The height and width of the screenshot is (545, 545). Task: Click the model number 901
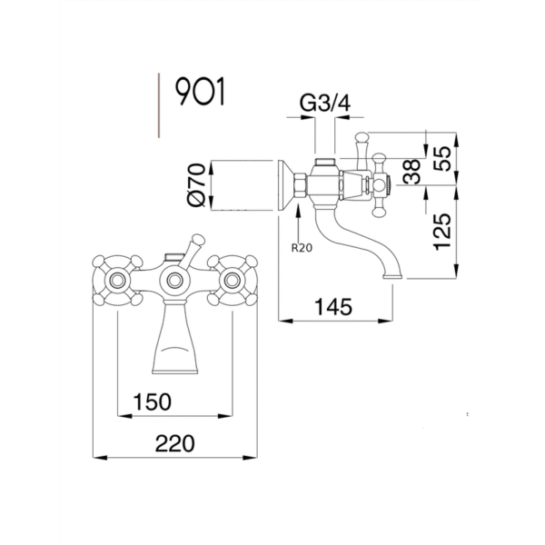click(x=200, y=92)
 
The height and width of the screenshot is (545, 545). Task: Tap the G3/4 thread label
click(x=325, y=104)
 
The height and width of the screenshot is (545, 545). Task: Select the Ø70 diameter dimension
click(x=196, y=185)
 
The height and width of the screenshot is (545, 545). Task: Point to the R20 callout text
click(x=302, y=248)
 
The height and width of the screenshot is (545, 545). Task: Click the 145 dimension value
click(x=333, y=307)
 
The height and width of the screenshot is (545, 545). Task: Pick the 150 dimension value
click(x=153, y=401)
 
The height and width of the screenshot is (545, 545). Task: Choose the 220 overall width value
click(x=174, y=444)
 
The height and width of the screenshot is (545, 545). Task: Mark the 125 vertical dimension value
click(x=442, y=232)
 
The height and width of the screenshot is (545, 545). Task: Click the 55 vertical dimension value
click(x=442, y=158)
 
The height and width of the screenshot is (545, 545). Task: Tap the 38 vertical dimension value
click(x=412, y=172)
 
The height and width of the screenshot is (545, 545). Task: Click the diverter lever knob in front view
click(x=197, y=240)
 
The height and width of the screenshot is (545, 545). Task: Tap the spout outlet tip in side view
click(x=393, y=276)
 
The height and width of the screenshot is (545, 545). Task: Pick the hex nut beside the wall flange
click(x=301, y=185)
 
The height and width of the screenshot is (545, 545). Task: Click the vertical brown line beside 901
click(x=159, y=105)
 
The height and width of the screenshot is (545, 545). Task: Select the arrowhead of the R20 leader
click(x=298, y=209)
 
